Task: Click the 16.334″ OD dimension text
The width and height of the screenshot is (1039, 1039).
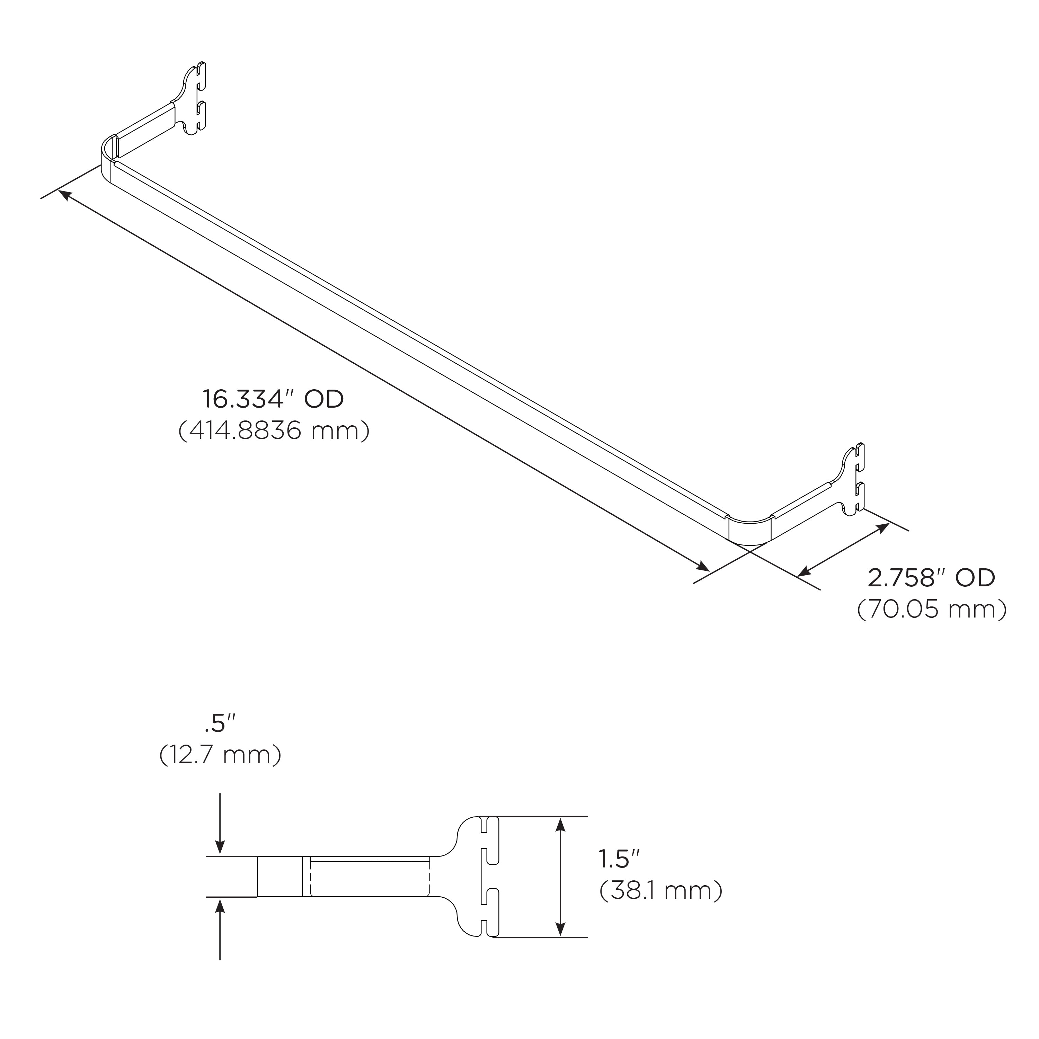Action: tap(273, 400)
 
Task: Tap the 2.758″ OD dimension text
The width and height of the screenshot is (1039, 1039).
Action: tap(931, 578)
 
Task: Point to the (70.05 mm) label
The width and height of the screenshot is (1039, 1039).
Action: tap(931, 609)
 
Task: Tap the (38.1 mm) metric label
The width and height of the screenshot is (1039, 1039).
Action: tap(661, 890)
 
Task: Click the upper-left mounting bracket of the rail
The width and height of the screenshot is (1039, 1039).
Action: tap(195, 99)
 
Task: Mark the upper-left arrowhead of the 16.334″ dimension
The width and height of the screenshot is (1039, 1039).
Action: tap(62, 193)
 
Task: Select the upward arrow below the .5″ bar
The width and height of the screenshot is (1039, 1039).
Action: tap(220, 909)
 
